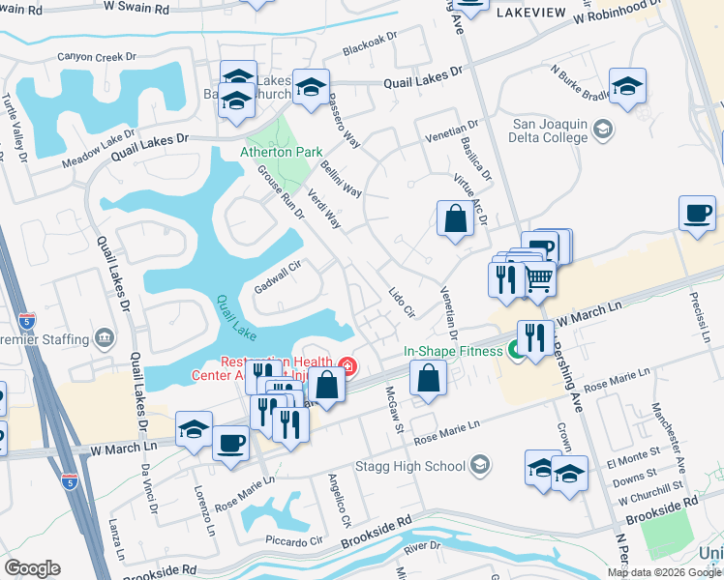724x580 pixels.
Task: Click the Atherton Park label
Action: click(x=281, y=153)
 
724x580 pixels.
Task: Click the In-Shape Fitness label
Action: click(x=453, y=351)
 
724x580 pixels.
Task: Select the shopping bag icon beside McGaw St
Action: click(x=428, y=378)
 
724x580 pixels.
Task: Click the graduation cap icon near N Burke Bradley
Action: click(x=627, y=86)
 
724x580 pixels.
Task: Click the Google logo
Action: click(x=32, y=568)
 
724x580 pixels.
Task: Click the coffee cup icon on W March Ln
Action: click(x=229, y=445)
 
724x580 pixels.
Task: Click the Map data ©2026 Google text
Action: click(x=665, y=572)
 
